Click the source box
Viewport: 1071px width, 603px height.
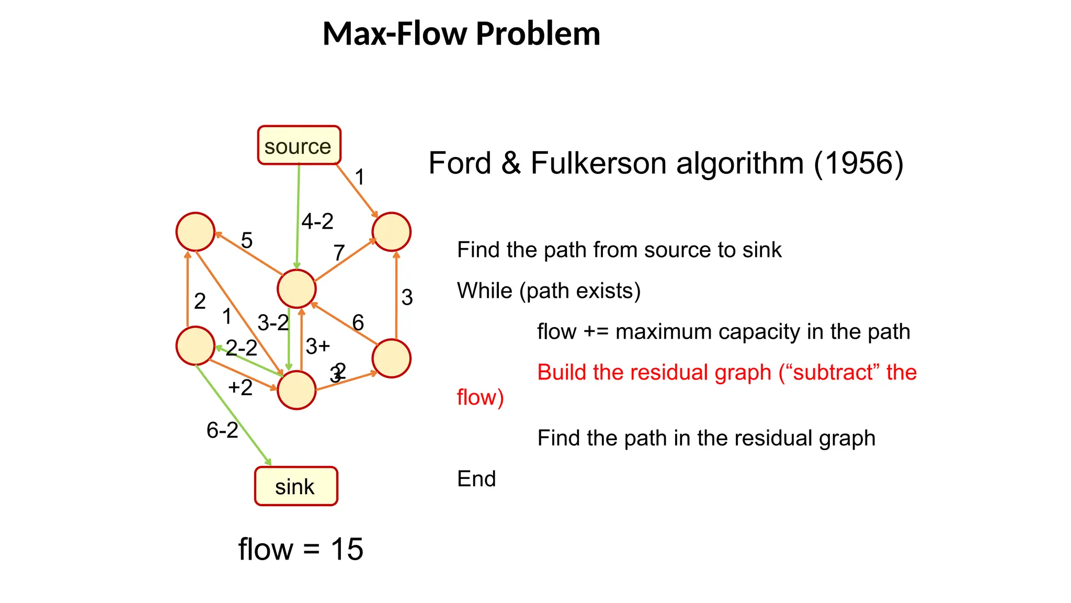299,146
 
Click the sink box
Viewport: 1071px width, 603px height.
296,486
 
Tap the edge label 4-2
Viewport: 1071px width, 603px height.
317,221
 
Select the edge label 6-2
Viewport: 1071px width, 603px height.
222,430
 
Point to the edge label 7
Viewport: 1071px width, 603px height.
339,253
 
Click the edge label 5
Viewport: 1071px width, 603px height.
247,241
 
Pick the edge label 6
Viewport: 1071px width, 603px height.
358,322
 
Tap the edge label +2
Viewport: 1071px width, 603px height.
241,388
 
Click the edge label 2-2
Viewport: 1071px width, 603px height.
242,348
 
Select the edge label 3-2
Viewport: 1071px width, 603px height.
273,322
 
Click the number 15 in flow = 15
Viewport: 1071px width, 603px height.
347,549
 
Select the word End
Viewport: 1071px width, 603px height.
476,479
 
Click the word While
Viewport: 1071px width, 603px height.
484,291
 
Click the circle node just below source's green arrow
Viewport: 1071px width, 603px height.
297,288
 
